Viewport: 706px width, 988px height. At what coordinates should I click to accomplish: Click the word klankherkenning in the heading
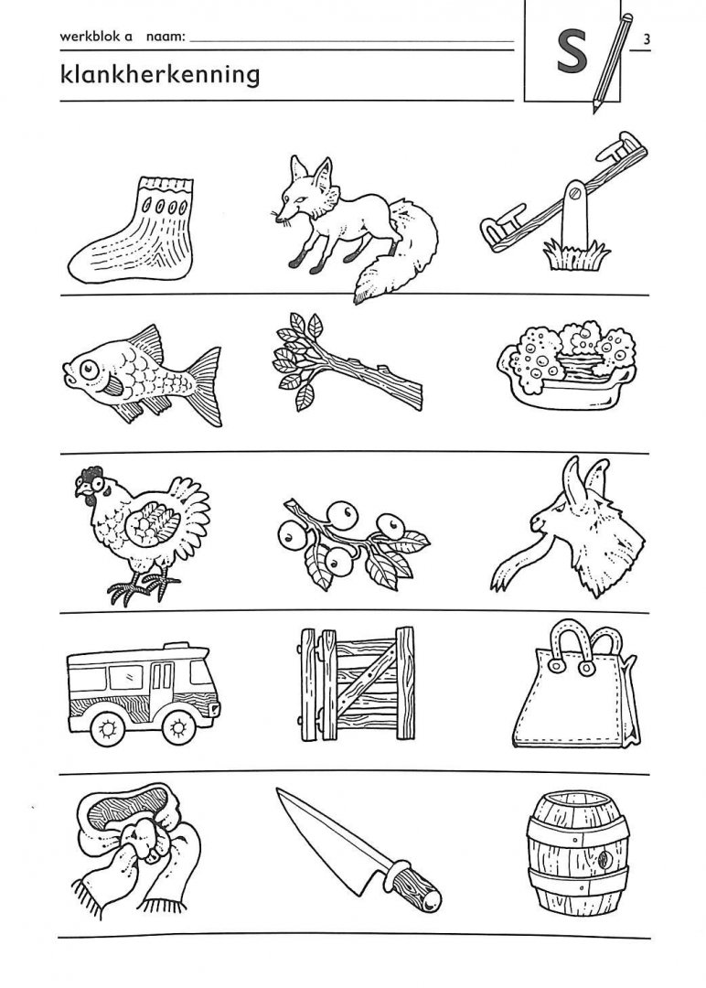pos(160,75)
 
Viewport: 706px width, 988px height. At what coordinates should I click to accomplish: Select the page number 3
pos(647,39)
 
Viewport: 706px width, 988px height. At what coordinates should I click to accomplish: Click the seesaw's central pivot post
pos(575,214)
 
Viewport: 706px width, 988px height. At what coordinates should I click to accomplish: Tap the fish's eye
pos(89,370)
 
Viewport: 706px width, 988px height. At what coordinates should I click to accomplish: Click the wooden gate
pos(357,683)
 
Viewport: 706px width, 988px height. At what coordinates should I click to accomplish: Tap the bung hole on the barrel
pos(606,858)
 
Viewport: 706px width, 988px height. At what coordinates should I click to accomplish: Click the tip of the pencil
pos(594,111)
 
